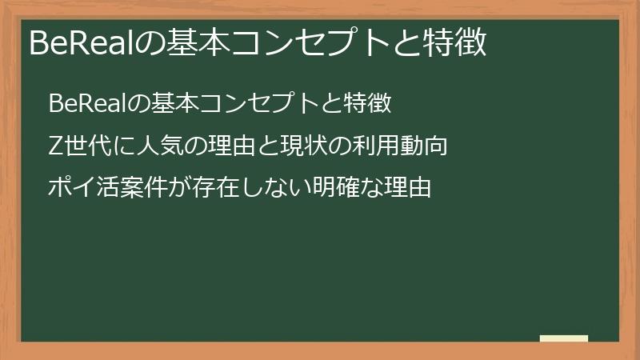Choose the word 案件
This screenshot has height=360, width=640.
coord(144,189)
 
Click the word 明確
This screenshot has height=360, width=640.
coord(335,189)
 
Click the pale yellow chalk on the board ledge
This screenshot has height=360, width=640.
coord(564,338)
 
